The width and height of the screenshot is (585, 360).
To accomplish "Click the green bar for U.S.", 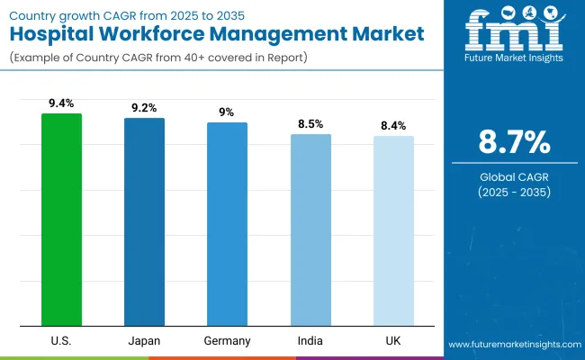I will (x=61, y=220).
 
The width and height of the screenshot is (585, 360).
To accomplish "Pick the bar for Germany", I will (x=227, y=224).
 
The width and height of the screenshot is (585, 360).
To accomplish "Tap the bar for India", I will (x=310, y=229).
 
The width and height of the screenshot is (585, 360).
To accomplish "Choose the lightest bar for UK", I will (x=393, y=230).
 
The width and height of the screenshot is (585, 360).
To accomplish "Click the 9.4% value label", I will (x=61, y=103).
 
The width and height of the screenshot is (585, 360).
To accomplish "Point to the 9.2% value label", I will (x=144, y=108).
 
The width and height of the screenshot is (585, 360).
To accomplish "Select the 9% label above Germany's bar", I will (x=227, y=112).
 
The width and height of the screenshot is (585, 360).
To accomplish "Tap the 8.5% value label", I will (x=310, y=124).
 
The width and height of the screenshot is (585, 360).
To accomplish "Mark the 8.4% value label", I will (x=393, y=126).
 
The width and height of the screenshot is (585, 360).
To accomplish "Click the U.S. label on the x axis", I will (x=61, y=341).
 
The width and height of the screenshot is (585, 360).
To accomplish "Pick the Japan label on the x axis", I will (x=144, y=341).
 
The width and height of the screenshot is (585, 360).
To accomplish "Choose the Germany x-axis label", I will (x=227, y=341).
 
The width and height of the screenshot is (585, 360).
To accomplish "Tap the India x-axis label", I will (x=310, y=341).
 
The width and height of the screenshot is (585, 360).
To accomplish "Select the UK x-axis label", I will (x=393, y=341).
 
